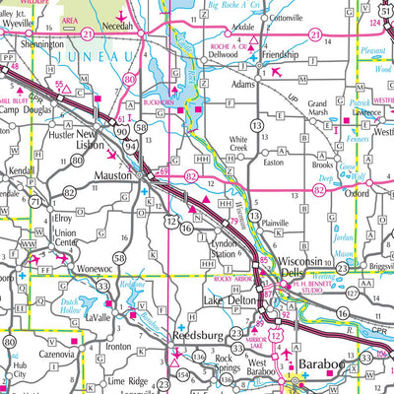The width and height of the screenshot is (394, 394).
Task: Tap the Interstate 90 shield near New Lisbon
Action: pyautogui.click(x=118, y=129)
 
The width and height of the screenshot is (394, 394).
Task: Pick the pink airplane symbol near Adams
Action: pyautogui.click(x=278, y=71)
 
